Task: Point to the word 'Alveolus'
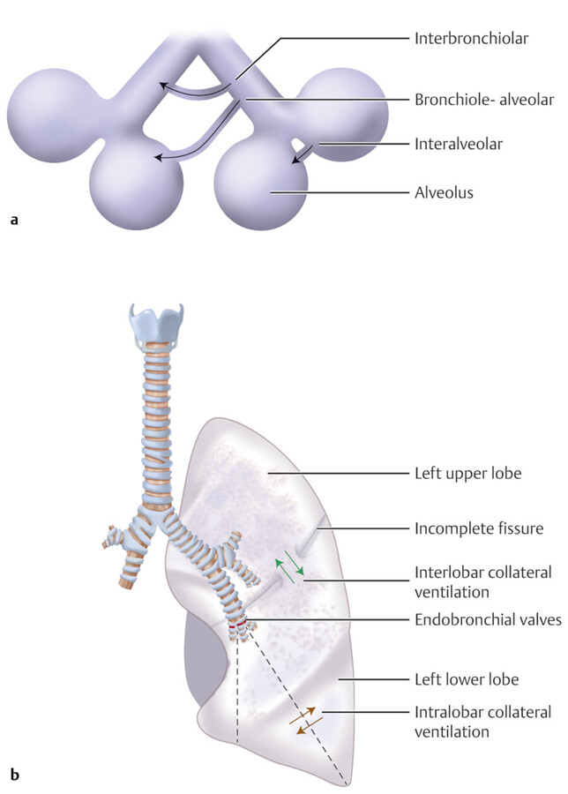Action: [444, 191]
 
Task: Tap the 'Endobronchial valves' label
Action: [488, 620]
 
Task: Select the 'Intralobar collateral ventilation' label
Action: [482, 721]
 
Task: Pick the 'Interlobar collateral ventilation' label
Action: [483, 581]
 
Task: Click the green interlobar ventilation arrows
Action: [292, 570]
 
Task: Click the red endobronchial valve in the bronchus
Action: [237, 628]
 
